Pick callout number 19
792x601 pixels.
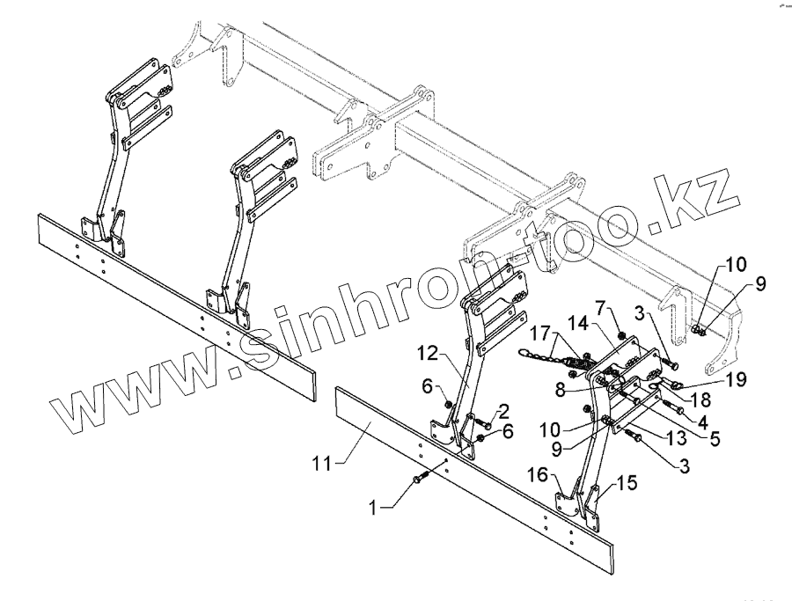point(737,380)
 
